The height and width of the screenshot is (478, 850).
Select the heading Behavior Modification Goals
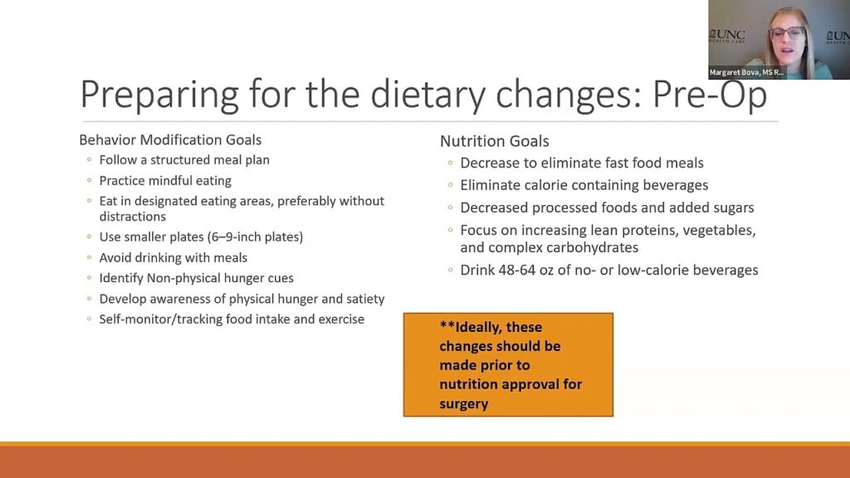tap(170, 139)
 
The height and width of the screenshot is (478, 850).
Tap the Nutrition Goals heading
tap(494, 141)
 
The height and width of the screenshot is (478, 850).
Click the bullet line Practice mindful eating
tap(165, 180)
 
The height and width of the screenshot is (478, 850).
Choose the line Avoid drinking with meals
tap(173, 257)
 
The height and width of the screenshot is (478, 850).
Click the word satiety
tap(362, 299)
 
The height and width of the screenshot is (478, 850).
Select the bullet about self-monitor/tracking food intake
tap(232, 319)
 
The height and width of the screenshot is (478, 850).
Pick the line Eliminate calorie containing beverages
tap(584, 185)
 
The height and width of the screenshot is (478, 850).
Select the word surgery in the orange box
tap(463, 404)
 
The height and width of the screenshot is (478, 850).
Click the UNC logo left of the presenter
tap(727, 37)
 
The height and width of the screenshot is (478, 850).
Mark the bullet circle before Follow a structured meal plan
tap(90, 160)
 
